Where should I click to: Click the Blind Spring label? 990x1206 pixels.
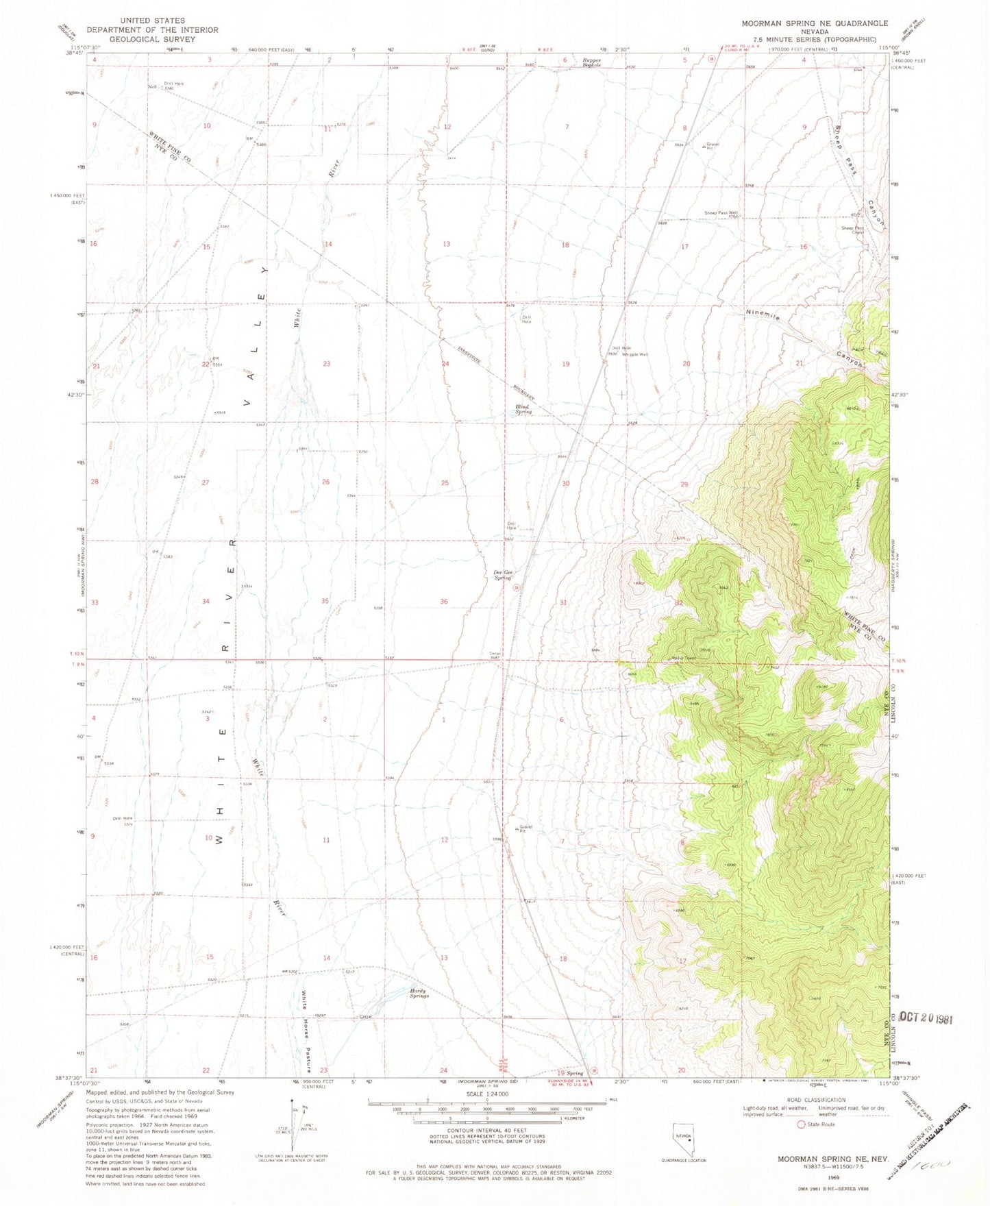(x=523, y=409)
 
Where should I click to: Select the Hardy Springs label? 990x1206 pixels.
(x=419, y=993)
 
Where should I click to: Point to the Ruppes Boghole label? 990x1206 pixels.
(x=592, y=62)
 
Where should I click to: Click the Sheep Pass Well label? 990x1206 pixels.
(x=721, y=213)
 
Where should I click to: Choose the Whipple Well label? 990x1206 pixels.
(x=635, y=354)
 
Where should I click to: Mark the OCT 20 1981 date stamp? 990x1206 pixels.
(x=926, y=1018)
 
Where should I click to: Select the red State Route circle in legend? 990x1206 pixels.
(x=800, y=1124)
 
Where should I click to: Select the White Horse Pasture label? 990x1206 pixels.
(x=306, y=1031)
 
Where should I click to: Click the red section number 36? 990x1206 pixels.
(x=444, y=602)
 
